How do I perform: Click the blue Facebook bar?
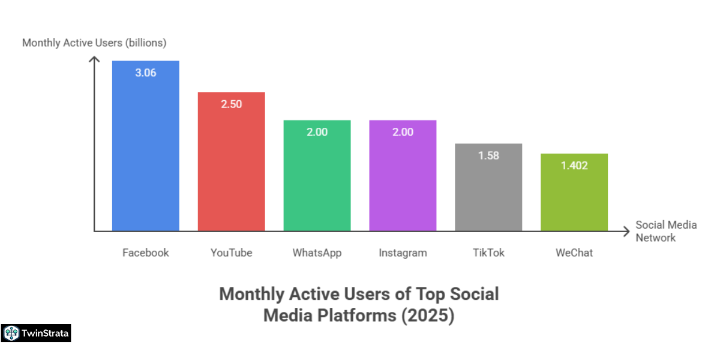click(x=145, y=150)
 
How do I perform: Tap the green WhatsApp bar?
click(x=317, y=180)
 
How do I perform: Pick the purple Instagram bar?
click(x=403, y=180)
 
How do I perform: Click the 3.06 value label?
click(x=145, y=73)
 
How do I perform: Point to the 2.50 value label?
click(x=231, y=104)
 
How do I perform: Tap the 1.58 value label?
click(x=488, y=155)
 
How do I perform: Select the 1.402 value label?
click(x=574, y=166)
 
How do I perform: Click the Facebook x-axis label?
click(x=145, y=253)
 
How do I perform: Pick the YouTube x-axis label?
click(x=231, y=253)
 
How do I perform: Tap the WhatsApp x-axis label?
click(x=317, y=253)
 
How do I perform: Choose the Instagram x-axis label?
click(x=403, y=253)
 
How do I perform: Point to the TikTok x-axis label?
click(x=488, y=253)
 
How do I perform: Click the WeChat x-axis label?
click(x=574, y=253)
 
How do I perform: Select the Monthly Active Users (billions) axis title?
click(x=94, y=43)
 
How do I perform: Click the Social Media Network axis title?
click(x=666, y=231)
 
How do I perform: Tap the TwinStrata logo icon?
click(x=11, y=333)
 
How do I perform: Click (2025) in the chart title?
click(x=427, y=315)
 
